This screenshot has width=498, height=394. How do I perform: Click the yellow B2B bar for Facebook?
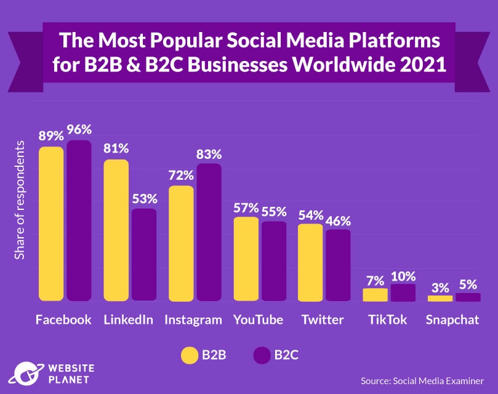click(x=51, y=224)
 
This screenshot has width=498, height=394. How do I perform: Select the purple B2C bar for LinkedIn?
click(x=143, y=255)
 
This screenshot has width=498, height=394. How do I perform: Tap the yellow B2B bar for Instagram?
click(x=181, y=244)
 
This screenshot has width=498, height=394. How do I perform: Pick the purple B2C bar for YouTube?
click(x=274, y=262)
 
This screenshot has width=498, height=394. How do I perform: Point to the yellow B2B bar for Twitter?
click(x=310, y=263)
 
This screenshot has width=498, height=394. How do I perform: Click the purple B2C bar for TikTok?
click(x=403, y=293)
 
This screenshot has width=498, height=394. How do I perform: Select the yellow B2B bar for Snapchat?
click(x=440, y=298)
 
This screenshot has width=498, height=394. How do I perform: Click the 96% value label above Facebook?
click(x=79, y=130)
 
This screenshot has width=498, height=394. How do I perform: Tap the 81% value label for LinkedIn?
click(x=116, y=148)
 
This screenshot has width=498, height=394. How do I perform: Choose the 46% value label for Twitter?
click(x=338, y=220)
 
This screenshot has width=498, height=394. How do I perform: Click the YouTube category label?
click(x=258, y=320)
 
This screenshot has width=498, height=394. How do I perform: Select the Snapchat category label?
click(x=452, y=320)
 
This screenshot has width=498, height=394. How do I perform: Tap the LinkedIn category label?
click(x=128, y=320)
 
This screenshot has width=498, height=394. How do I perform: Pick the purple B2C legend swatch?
click(x=262, y=355)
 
